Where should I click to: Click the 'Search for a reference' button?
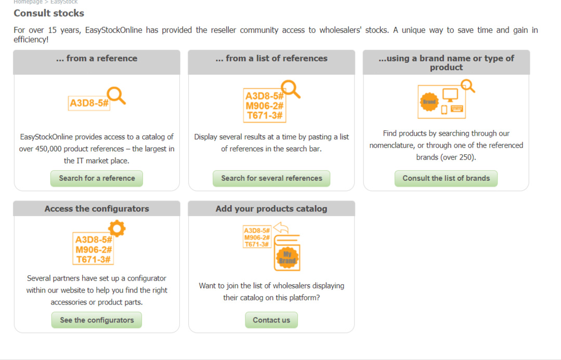pyautogui.click(x=97, y=178)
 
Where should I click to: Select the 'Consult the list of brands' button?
pyautogui.click(x=446, y=178)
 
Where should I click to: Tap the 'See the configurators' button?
pyautogui.click(x=97, y=320)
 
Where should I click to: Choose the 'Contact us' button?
pyautogui.click(x=271, y=320)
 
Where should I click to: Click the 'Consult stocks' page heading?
pyautogui.click(x=49, y=13)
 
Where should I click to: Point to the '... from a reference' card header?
pyautogui.click(x=97, y=59)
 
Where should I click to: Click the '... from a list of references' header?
pyautogui.click(x=271, y=59)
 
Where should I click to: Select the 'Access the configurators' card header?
pyautogui.click(x=97, y=209)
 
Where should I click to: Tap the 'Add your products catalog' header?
pyautogui.click(x=271, y=209)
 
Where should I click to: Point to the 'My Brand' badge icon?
pyautogui.click(x=287, y=258)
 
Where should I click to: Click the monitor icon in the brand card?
pyautogui.click(x=450, y=95)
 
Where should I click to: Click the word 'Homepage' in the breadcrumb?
pyautogui.click(x=28, y=2)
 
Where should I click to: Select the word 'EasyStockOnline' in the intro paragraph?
pyautogui.click(x=113, y=30)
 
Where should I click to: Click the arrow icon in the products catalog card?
pyautogui.click(x=281, y=228)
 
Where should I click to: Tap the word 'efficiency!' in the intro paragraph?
pyautogui.click(x=31, y=39)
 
